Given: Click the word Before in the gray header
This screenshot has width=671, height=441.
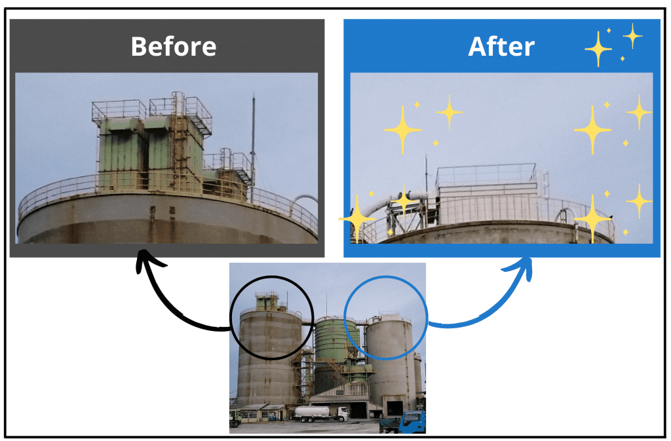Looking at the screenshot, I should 173,47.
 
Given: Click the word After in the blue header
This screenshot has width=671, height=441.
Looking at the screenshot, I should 501,47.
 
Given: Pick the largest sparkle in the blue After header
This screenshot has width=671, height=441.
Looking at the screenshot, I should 598,48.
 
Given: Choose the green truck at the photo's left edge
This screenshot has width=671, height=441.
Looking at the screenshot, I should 235,420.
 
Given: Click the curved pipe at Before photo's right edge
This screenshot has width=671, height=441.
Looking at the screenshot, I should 305,199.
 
